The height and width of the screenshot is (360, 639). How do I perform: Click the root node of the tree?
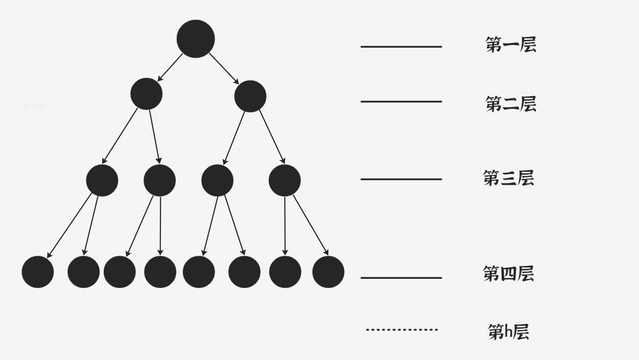point(195,39)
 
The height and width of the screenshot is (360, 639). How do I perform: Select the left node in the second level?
point(146,94)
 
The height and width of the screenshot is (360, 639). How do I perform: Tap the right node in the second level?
point(250,96)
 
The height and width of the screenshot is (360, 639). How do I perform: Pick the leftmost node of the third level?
point(102,180)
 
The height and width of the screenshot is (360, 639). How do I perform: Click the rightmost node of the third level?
point(285,180)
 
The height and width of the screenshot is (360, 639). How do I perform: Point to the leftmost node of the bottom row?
point(37,272)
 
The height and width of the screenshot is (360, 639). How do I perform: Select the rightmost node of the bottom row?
point(328,272)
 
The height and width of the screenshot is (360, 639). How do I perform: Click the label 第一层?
point(510,45)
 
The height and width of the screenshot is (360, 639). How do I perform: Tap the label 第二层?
point(510,104)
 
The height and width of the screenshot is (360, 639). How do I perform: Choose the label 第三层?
point(508,178)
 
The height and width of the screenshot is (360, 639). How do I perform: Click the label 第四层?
point(508,274)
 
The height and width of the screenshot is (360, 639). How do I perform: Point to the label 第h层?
point(508,332)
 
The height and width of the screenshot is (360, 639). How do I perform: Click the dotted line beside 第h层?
point(402,330)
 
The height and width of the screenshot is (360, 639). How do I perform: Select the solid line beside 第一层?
point(401,47)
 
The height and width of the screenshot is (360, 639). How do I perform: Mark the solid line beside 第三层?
point(401,180)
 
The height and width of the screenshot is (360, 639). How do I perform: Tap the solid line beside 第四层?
point(401,278)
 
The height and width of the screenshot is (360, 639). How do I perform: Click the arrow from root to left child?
point(170,68)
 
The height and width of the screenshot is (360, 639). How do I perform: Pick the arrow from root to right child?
point(224,68)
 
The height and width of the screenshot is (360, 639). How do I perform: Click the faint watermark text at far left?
point(34,107)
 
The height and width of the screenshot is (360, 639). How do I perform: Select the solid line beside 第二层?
point(401,102)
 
